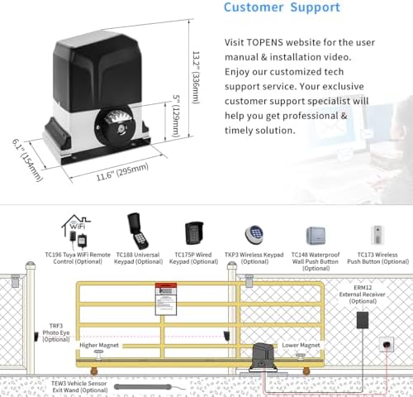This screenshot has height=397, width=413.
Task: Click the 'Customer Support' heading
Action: pyautogui.click(x=281, y=7)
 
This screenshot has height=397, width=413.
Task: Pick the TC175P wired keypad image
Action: pyautogui.click(x=194, y=232)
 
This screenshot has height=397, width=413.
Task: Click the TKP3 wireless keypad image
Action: pyautogui.click(x=252, y=234)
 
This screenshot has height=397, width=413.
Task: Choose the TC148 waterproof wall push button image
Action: pyautogui.click(x=316, y=234)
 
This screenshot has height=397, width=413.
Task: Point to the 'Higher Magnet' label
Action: pyautogui.click(x=98, y=346)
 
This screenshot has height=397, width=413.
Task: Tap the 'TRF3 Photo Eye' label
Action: pyautogui.click(x=55, y=332)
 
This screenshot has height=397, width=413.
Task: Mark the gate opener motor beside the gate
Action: pyautogui.click(x=265, y=356)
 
